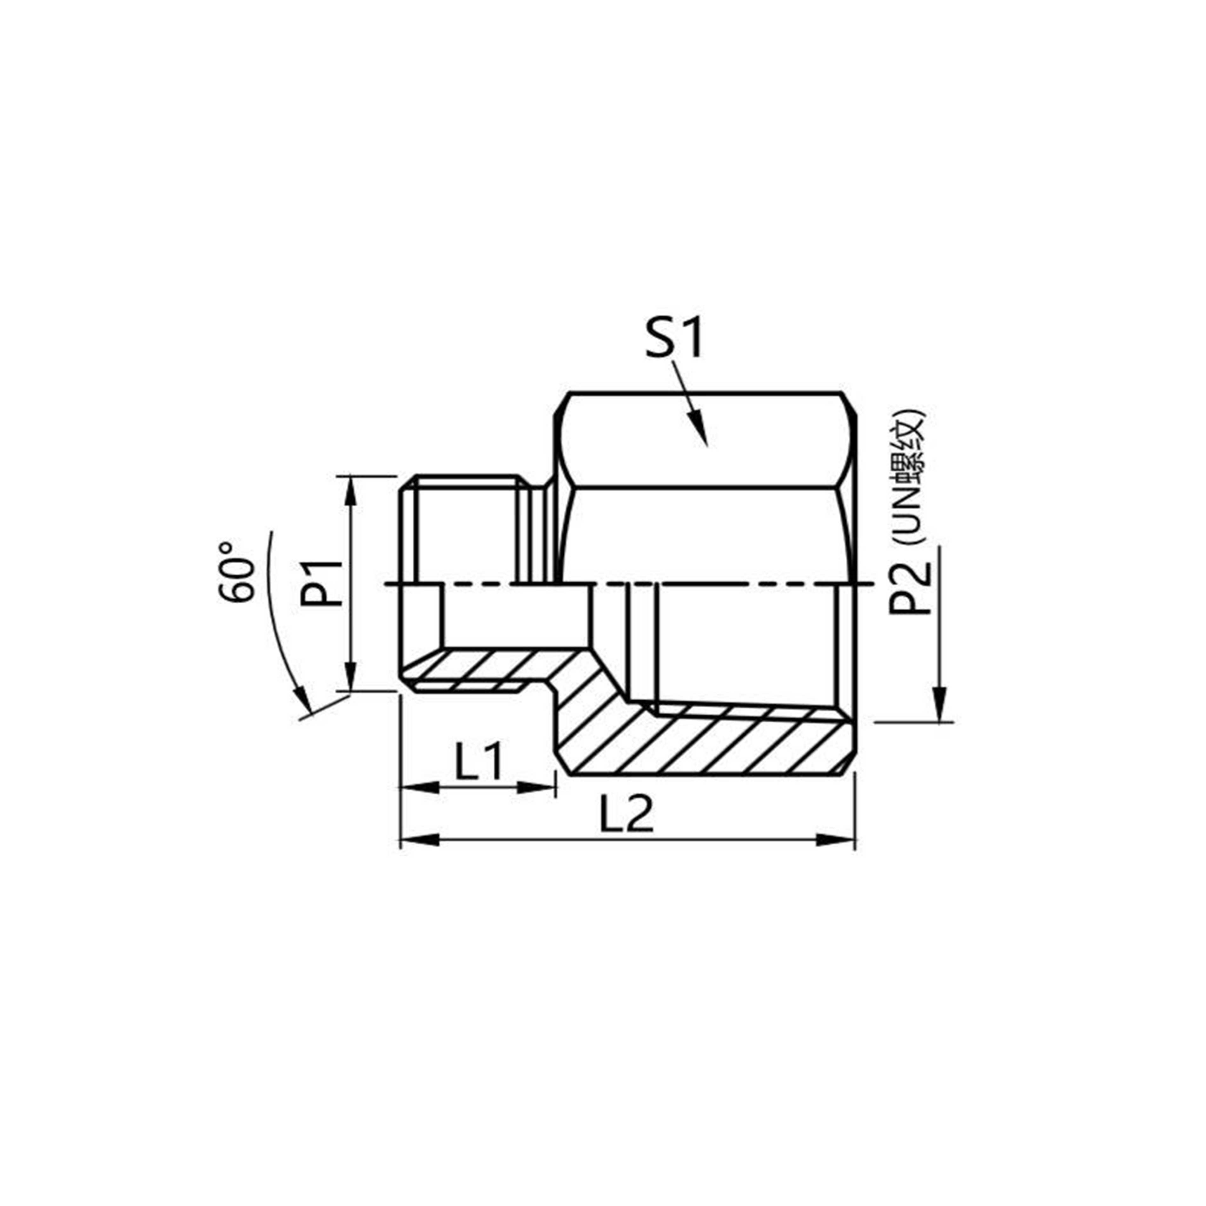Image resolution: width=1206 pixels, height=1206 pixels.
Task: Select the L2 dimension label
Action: point(626,815)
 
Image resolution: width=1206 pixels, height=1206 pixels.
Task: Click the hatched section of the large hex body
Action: point(706,743)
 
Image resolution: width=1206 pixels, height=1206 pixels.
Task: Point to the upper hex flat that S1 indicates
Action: point(706,440)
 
